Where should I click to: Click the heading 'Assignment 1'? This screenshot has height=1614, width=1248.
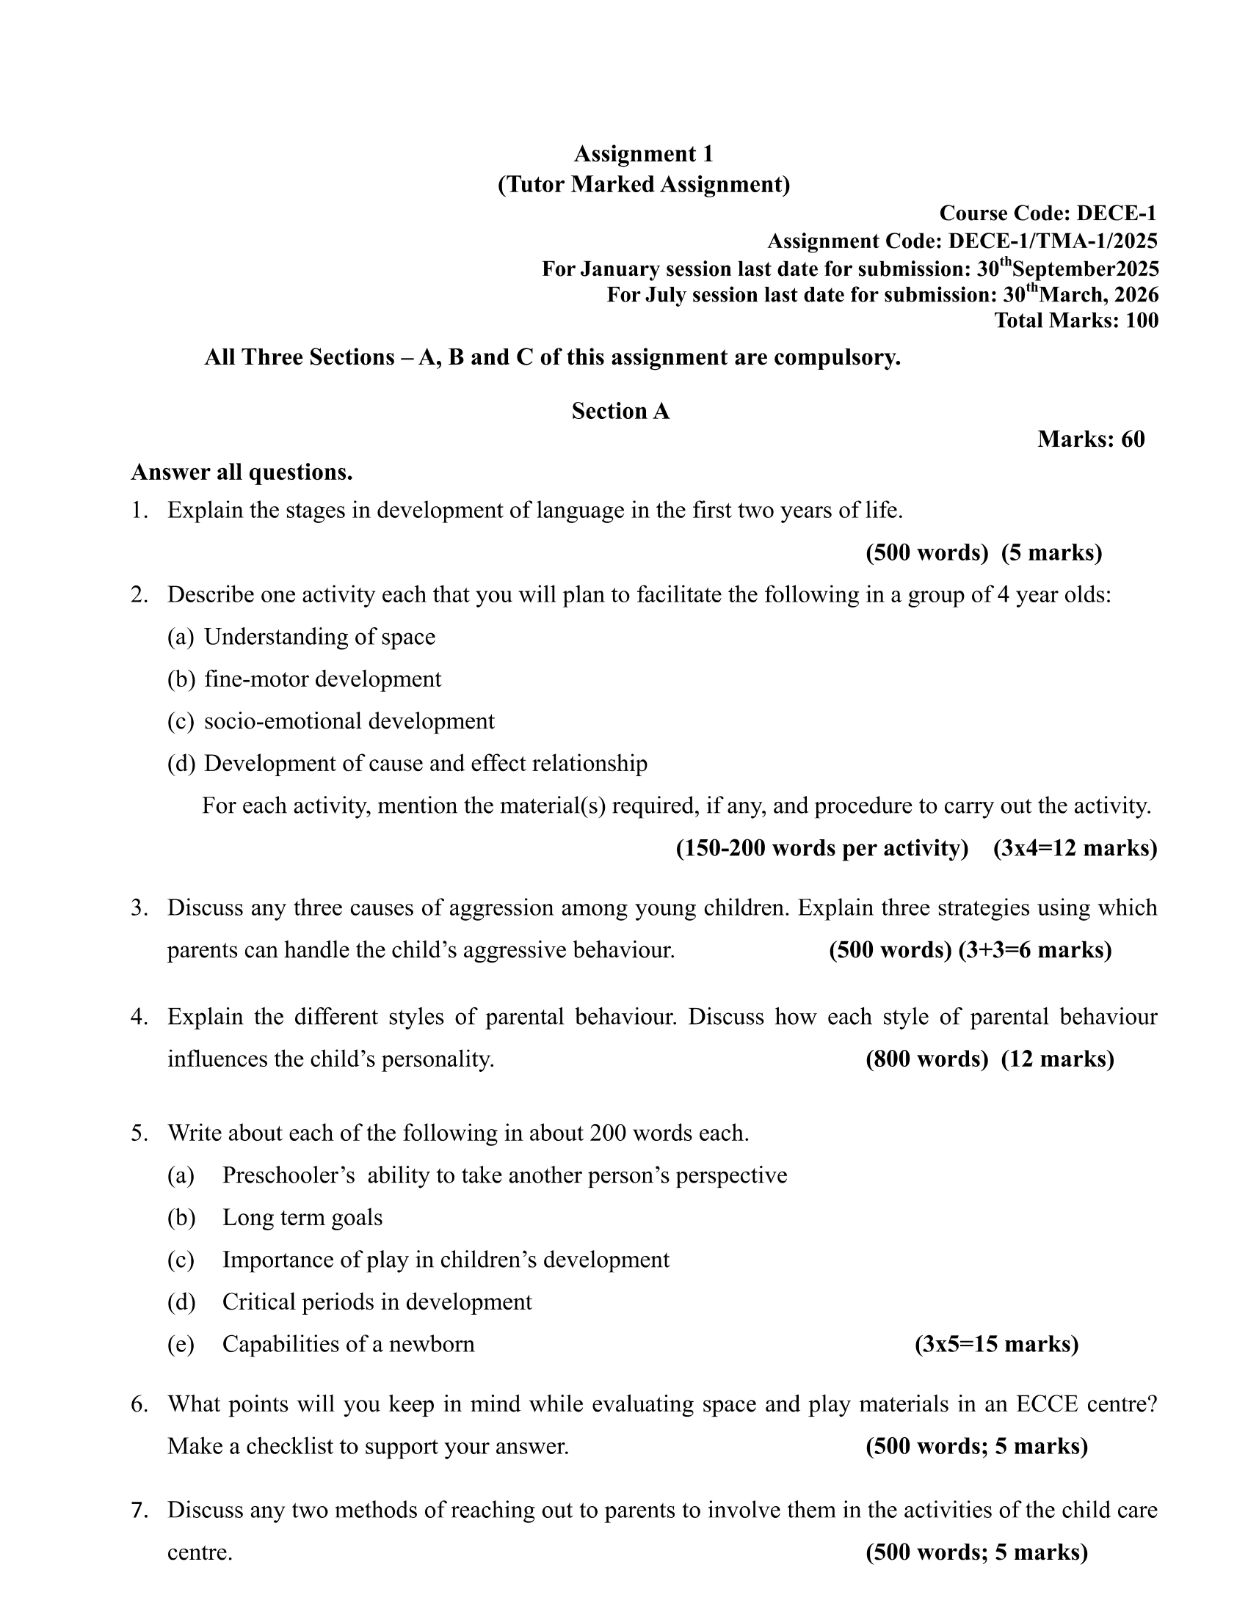pyautogui.click(x=643, y=154)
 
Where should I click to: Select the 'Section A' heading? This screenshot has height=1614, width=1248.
pyautogui.click(x=620, y=411)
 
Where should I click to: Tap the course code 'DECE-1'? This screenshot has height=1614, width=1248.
pyautogui.click(x=1117, y=213)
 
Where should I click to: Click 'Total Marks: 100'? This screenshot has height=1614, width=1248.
pyautogui.click(x=1075, y=321)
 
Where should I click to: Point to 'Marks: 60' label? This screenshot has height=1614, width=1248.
pyautogui.click(x=1090, y=439)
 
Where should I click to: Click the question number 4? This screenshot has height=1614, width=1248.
pyautogui.click(x=139, y=1017)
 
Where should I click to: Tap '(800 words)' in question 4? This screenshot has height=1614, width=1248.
pyautogui.click(x=926, y=1059)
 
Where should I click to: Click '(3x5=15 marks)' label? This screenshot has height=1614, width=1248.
pyautogui.click(x=996, y=1343)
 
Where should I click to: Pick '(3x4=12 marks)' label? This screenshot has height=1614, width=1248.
pyautogui.click(x=1075, y=847)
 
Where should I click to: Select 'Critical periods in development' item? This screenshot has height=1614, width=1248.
pyautogui.click(x=377, y=1301)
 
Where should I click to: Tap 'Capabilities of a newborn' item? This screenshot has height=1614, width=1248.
pyautogui.click(x=348, y=1343)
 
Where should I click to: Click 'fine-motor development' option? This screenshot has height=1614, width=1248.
pyautogui.click(x=322, y=679)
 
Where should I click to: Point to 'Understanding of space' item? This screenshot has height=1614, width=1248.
pyautogui.click(x=319, y=636)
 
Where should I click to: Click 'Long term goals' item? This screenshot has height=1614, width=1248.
pyautogui.click(x=302, y=1217)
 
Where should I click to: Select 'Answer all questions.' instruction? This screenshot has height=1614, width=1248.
pyautogui.click(x=242, y=472)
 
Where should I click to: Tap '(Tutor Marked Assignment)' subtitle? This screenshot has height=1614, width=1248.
pyautogui.click(x=643, y=184)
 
